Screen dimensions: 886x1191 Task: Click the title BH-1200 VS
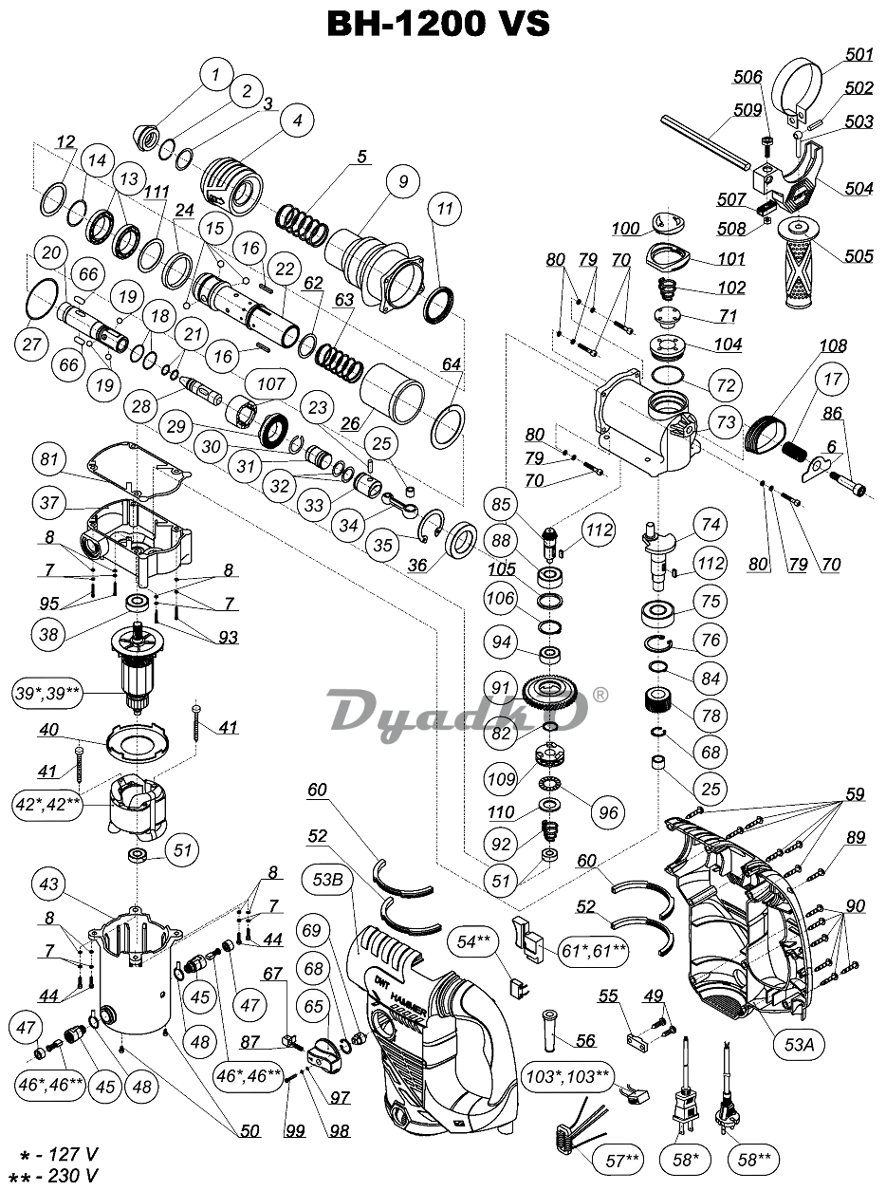pyautogui.click(x=438, y=24)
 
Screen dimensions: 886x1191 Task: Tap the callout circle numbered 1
pyautogui.click(x=216, y=75)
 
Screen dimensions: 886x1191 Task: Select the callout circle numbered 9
pyautogui.click(x=404, y=181)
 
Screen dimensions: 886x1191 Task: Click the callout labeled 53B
pyautogui.click(x=327, y=879)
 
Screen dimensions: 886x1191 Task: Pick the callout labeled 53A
pyautogui.click(x=800, y=1045)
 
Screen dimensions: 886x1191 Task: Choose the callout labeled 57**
pyautogui.click(x=620, y=1161)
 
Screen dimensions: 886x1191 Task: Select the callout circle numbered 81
pyautogui.click(x=49, y=459)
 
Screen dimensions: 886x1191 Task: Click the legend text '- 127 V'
pyautogui.click(x=61, y=1153)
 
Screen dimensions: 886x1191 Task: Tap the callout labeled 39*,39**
pyautogui.click(x=47, y=693)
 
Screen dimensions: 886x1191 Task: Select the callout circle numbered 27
pyautogui.click(x=31, y=344)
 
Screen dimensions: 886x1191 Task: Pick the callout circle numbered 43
pyautogui.click(x=49, y=884)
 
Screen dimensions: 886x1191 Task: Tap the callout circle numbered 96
pyautogui.click(x=608, y=812)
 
